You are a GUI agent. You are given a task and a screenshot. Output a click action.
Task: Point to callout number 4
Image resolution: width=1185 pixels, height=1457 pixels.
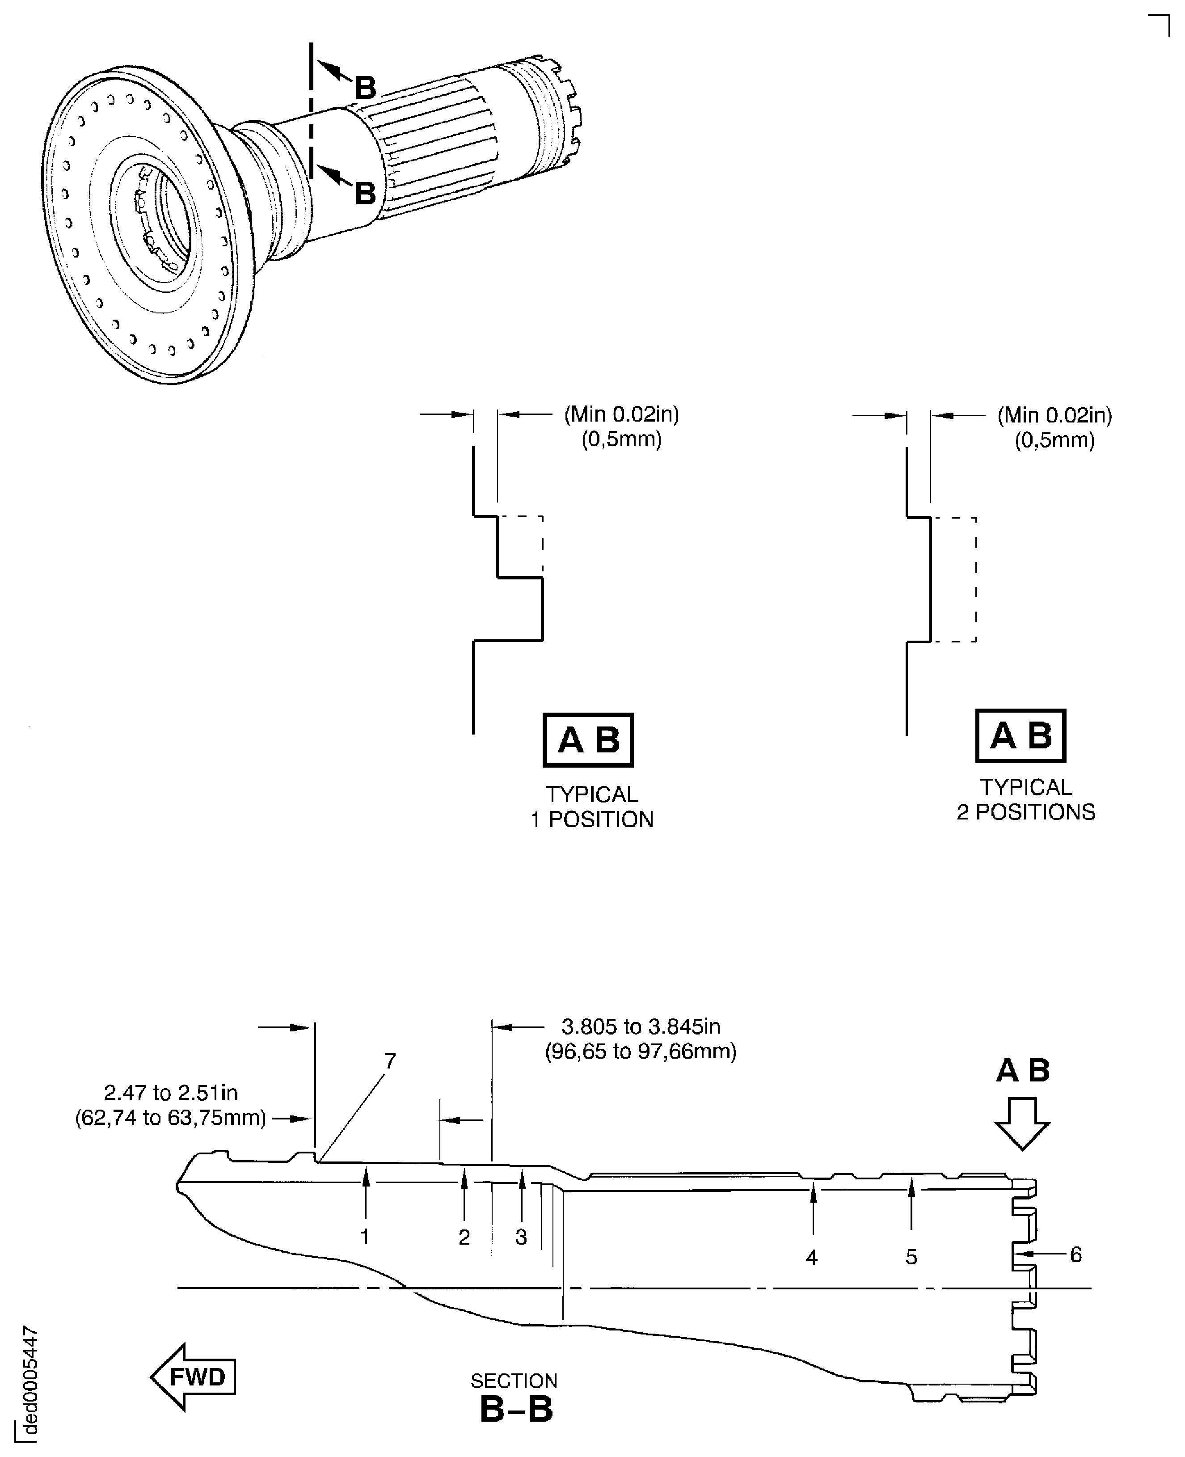812,1257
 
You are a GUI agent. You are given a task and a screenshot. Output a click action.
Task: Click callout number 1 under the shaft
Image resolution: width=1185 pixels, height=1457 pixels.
365,1237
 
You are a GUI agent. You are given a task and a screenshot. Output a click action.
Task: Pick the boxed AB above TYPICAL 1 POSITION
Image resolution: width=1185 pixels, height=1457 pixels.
588,740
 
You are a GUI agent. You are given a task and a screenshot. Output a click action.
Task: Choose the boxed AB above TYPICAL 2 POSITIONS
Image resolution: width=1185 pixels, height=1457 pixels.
1021,736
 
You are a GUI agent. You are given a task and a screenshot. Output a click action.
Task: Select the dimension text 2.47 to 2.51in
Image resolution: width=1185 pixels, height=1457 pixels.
171,1092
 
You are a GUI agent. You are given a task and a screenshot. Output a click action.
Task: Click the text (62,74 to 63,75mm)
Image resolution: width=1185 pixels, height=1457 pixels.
171,1118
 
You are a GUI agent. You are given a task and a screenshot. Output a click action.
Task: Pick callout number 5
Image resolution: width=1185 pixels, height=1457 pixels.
911,1257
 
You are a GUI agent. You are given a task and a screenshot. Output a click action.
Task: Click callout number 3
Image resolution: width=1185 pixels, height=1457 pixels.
521,1237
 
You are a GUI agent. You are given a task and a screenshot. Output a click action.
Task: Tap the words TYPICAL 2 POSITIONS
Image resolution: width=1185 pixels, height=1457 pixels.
1025,799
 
